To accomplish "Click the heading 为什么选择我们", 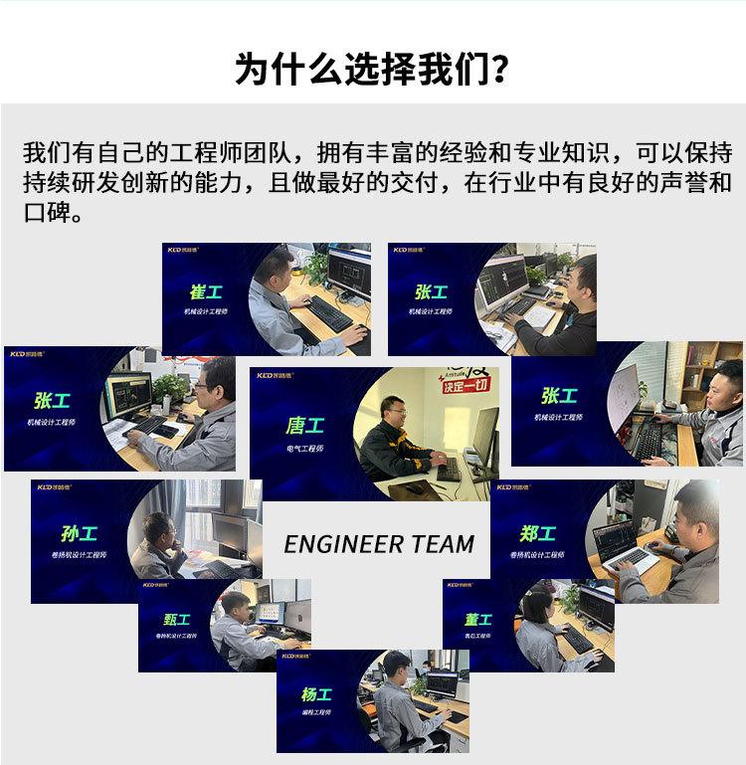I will tap(363, 69).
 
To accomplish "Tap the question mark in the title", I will tap(501, 69).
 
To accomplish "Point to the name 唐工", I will tap(303, 425).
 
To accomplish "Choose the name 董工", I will tap(478, 619).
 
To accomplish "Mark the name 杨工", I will tap(316, 694).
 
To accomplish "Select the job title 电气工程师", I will tap(303, 449).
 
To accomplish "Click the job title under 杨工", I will tap(316, 713).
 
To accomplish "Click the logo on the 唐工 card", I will tap(272, 376).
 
